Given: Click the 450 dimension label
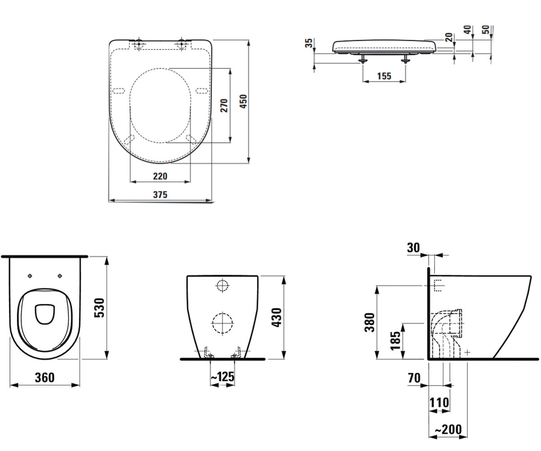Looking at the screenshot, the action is coord(243,101).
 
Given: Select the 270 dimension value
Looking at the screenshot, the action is coord(224,105).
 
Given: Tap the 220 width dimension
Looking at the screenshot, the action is coord(160,176).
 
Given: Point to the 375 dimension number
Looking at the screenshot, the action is coord(160,194).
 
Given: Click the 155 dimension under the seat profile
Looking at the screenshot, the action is coord(384,76).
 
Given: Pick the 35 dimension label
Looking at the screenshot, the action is coord(308,43).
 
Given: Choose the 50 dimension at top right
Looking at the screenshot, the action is coord(486,29).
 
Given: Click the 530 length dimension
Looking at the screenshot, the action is coord(100,308).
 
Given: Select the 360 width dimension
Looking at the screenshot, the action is coord(45,377).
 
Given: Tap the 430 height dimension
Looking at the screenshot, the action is coord(277,318).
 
